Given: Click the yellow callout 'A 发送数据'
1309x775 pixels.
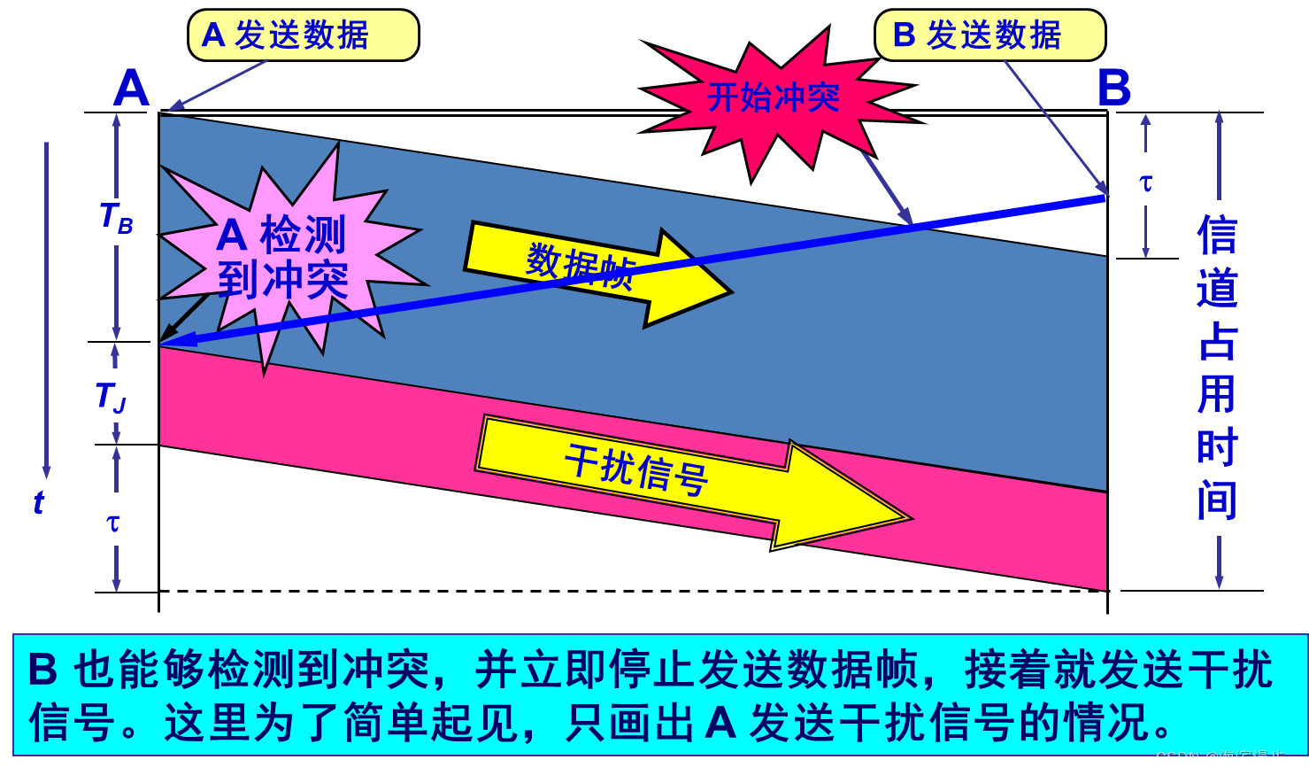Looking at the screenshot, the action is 303,35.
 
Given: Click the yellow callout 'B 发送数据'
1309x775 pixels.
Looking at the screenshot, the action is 989,35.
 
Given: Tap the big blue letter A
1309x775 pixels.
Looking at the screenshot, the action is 132,89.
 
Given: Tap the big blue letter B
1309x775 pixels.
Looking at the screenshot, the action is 1113,89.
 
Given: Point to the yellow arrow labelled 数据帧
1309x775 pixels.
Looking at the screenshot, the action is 593,270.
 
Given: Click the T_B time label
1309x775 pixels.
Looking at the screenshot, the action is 119,220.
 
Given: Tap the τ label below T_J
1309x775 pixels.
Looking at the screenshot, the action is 114,521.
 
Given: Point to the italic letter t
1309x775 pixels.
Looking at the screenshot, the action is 38,502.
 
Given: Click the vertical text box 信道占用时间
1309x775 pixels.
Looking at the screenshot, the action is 1217,368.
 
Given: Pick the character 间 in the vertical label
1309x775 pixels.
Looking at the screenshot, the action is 1217,500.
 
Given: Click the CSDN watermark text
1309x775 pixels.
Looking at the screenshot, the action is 1224,758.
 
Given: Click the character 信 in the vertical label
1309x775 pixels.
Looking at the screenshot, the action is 1217,236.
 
